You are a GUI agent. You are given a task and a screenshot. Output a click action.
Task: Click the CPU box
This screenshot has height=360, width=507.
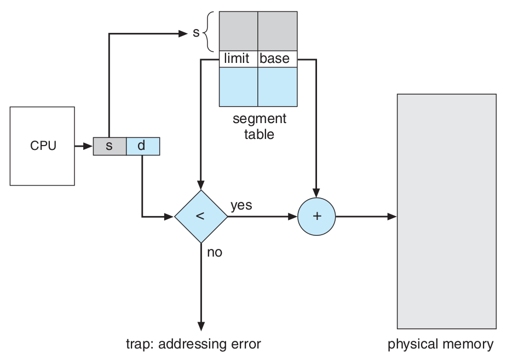43,146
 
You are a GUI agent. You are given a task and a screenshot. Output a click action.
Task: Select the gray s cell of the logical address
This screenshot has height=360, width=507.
110,147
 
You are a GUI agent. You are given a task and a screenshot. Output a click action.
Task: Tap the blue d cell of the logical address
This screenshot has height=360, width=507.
143,147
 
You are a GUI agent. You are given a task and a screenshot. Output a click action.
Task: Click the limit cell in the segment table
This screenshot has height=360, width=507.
238,59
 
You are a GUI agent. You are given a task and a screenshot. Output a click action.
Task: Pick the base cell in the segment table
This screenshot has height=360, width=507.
276,59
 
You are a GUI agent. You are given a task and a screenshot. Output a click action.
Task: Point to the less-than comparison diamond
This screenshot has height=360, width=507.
201,217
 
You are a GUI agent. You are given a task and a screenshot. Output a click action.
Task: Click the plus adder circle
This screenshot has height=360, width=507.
316,217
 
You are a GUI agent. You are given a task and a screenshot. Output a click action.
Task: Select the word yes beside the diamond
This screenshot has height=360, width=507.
241,205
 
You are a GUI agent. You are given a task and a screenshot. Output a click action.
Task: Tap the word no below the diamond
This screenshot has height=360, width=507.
215,253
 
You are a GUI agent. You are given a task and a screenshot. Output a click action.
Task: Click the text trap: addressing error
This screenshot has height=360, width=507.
194,344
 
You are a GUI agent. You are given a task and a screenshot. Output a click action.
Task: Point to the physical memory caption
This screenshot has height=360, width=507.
440,344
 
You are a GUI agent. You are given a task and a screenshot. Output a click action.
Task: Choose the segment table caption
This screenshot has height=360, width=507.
259,126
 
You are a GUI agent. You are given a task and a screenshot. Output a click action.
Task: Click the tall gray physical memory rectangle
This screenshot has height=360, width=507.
446,211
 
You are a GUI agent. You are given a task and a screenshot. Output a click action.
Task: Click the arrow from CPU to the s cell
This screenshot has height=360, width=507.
84,147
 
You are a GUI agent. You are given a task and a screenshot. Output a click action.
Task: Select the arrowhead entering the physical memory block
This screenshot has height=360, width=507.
392,217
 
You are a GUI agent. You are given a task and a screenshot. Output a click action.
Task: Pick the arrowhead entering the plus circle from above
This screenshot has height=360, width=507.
316,193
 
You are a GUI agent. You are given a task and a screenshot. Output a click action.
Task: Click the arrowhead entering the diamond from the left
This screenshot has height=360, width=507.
169,217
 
